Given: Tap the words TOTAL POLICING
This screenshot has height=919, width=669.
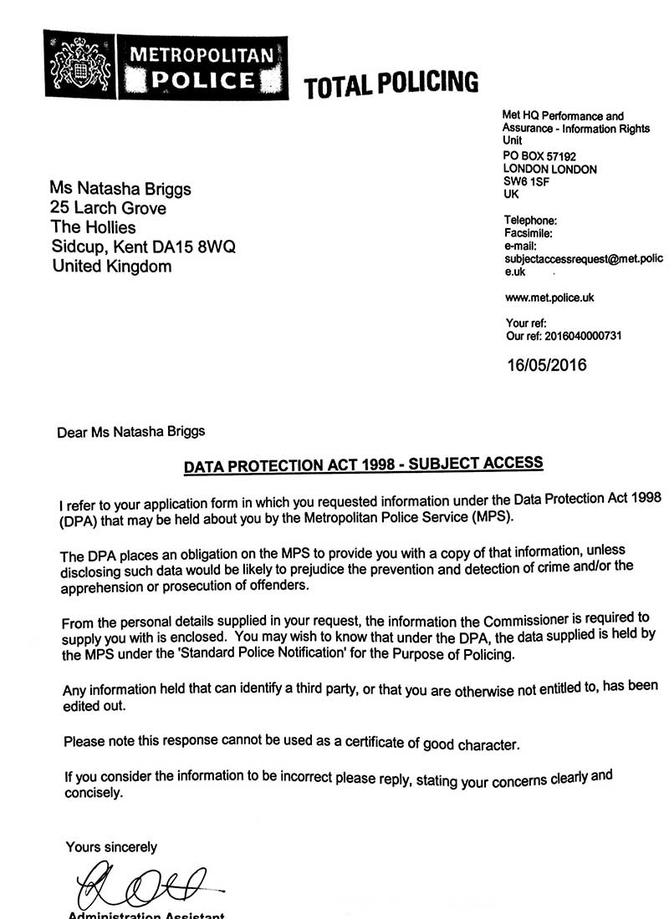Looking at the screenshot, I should (x=391, y=84).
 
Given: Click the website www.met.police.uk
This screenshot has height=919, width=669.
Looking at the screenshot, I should (x=549, y=297).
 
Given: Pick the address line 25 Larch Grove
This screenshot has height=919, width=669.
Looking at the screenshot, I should (x=109, y=208).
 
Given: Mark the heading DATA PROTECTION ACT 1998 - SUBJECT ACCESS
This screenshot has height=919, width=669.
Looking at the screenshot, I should (x=364, y=465).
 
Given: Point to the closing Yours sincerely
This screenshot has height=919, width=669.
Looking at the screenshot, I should (x=111, y=847).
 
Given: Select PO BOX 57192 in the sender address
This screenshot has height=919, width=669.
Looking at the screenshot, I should (x=539, y=156).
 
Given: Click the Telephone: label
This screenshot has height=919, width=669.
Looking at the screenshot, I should (x=530, y=221).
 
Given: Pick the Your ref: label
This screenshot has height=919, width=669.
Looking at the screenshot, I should (x=526, y=322).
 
